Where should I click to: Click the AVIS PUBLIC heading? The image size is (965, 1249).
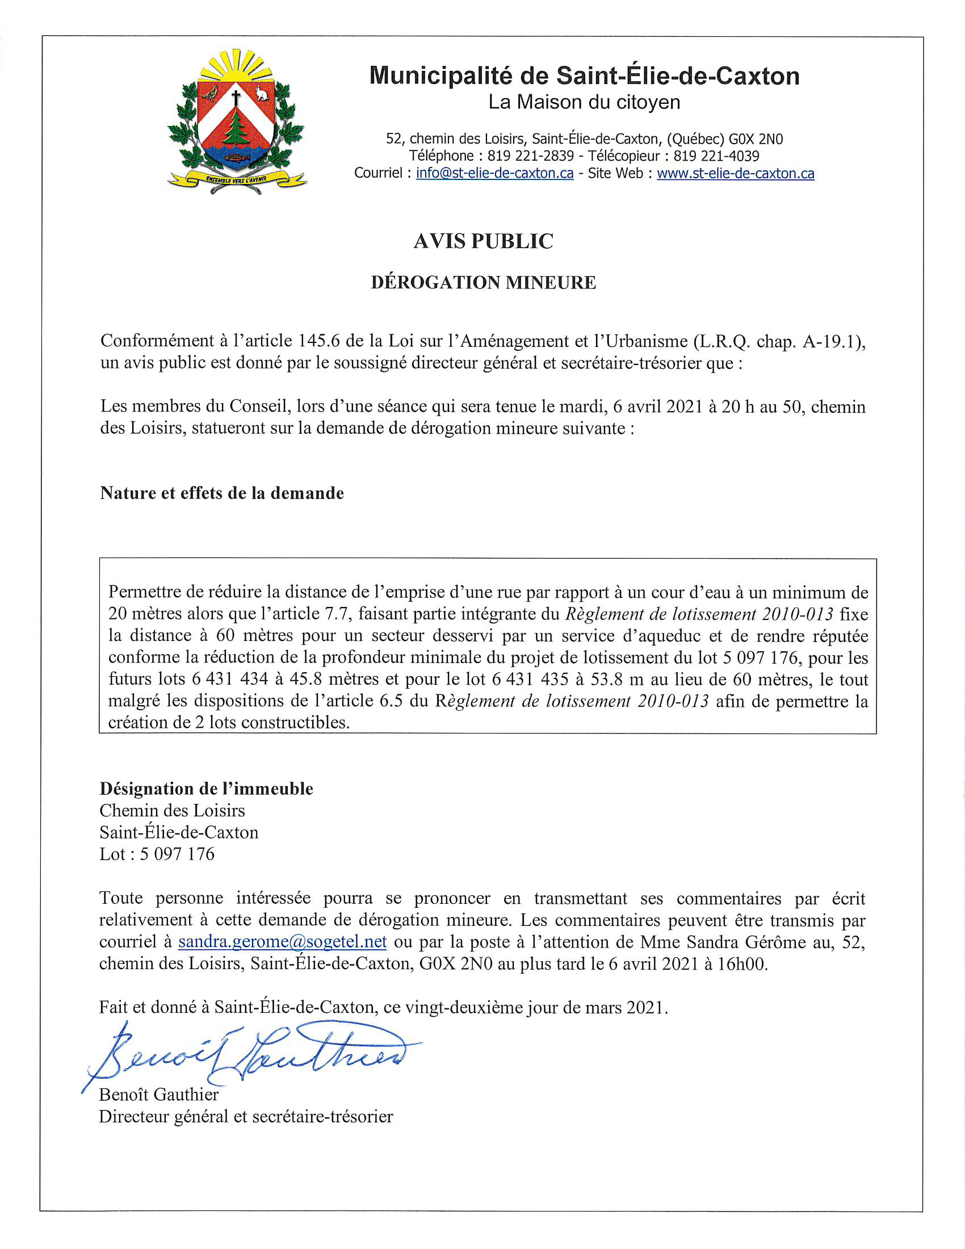[x=483, y=241]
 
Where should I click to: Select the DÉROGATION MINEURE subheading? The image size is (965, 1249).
[x=483, y=283]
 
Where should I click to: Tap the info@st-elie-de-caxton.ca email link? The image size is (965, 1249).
[x=494, y=173]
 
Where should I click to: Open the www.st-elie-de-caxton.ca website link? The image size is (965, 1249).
[x=735, y=173]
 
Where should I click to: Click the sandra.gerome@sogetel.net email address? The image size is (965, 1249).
[x=283, y=941]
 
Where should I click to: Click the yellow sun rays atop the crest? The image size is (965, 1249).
[x=236, y=65]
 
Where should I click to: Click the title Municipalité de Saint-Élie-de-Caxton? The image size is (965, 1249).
[x=584, y=76]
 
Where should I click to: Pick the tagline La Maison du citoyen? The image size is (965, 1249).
[x=584, y=102]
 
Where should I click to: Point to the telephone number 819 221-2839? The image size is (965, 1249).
[x=531, y=156]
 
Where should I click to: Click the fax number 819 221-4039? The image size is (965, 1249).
[x=716, y=156]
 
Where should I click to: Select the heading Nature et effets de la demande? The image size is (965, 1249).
[x=222, y=493]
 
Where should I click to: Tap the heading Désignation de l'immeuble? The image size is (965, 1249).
[x=207, y=789]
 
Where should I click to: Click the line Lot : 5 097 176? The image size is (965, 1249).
[x=157, y=854]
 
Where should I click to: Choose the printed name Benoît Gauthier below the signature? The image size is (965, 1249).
[x=159, y=1094]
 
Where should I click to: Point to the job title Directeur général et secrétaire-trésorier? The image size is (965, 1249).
[x=246, y=1116]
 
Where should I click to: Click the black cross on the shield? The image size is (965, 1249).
[x=236, y=98]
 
